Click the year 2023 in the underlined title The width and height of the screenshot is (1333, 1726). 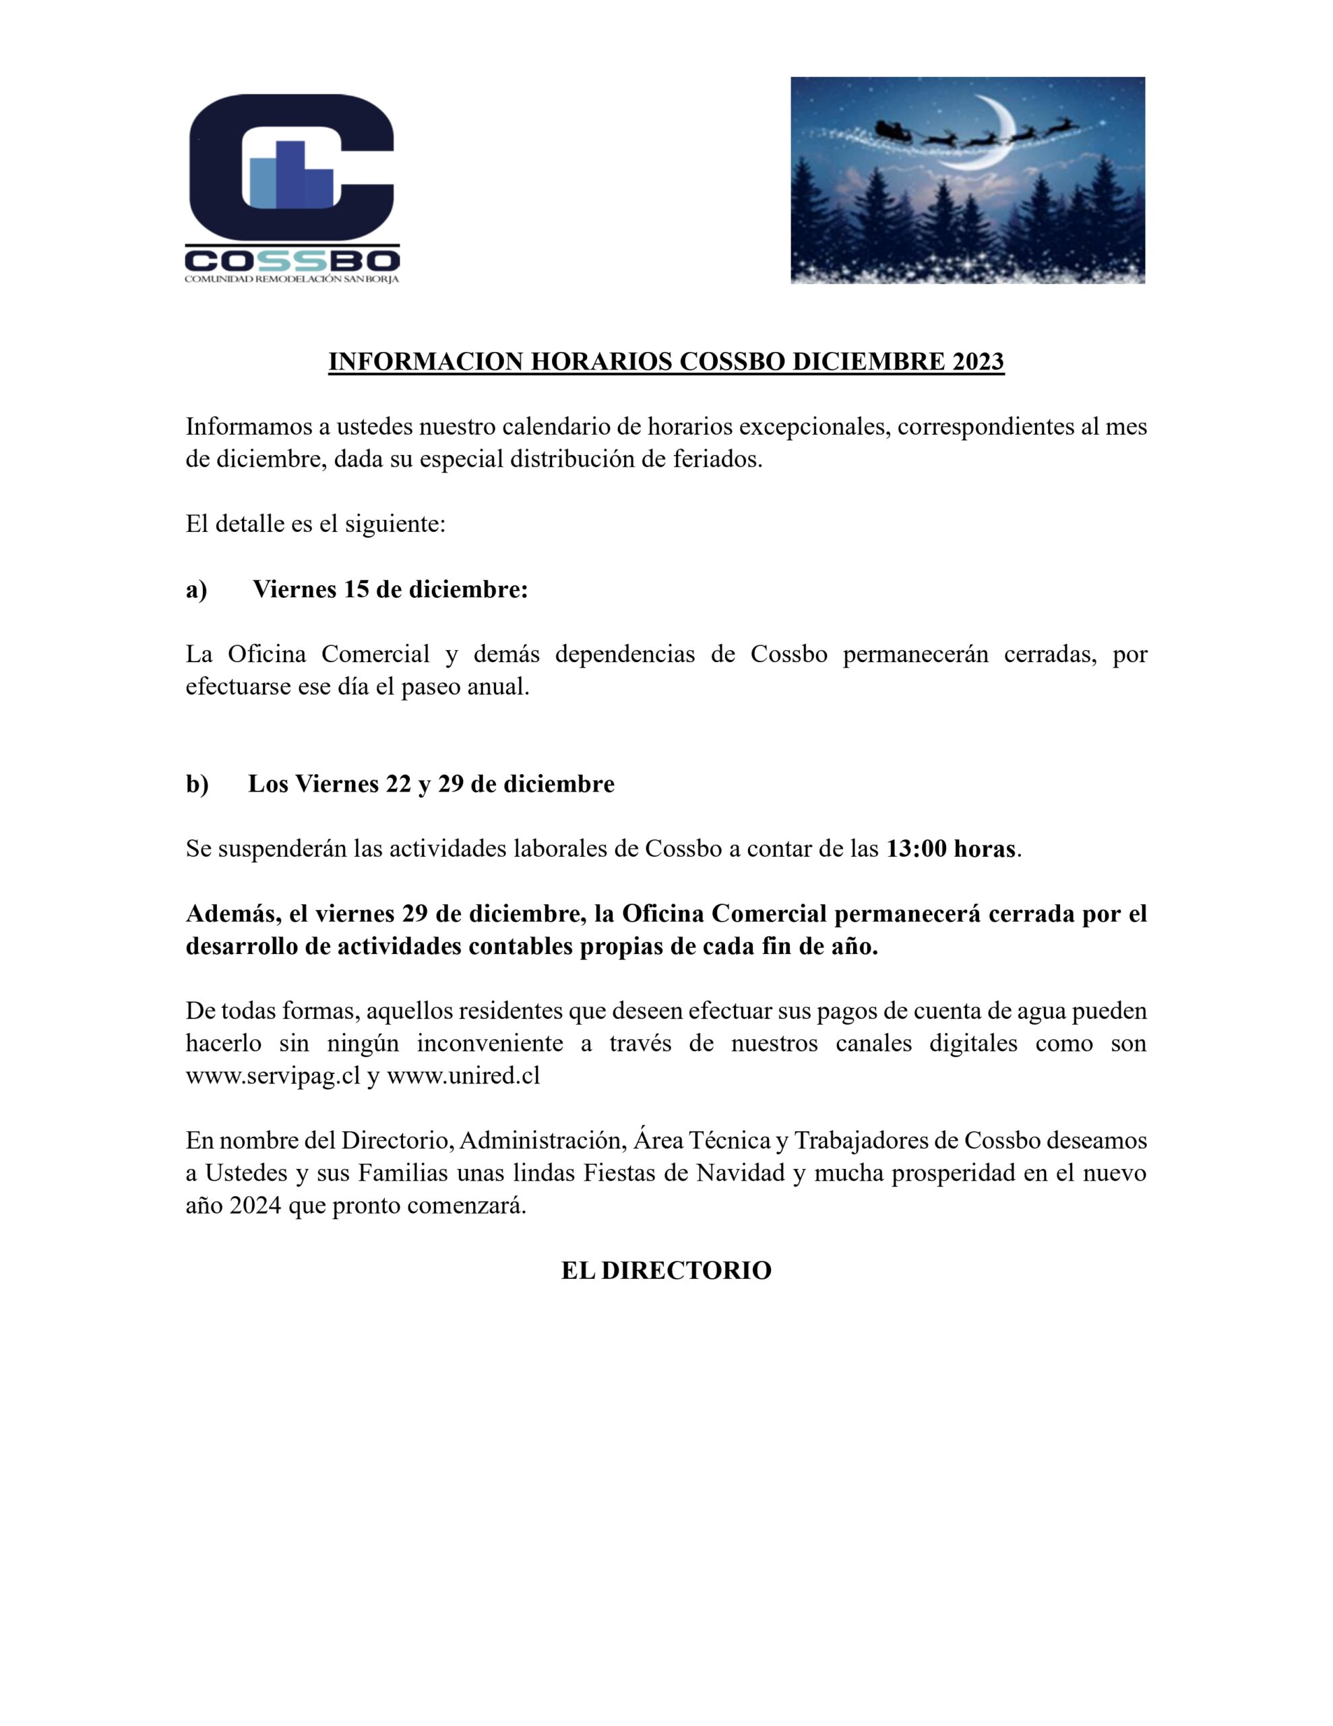tap(977, 361)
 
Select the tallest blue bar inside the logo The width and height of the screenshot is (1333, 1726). tap(290, 174)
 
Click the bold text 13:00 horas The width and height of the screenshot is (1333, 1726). tap(951, 850)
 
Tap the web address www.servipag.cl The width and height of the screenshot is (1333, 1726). tap(273, 1076)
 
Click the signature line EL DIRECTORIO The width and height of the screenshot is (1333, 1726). tap(666, 1271)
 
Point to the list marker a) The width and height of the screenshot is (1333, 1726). tap(196, 591)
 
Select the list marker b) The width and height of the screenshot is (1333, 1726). tap(197, 784)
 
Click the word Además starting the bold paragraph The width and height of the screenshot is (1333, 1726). tap(229, 914)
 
